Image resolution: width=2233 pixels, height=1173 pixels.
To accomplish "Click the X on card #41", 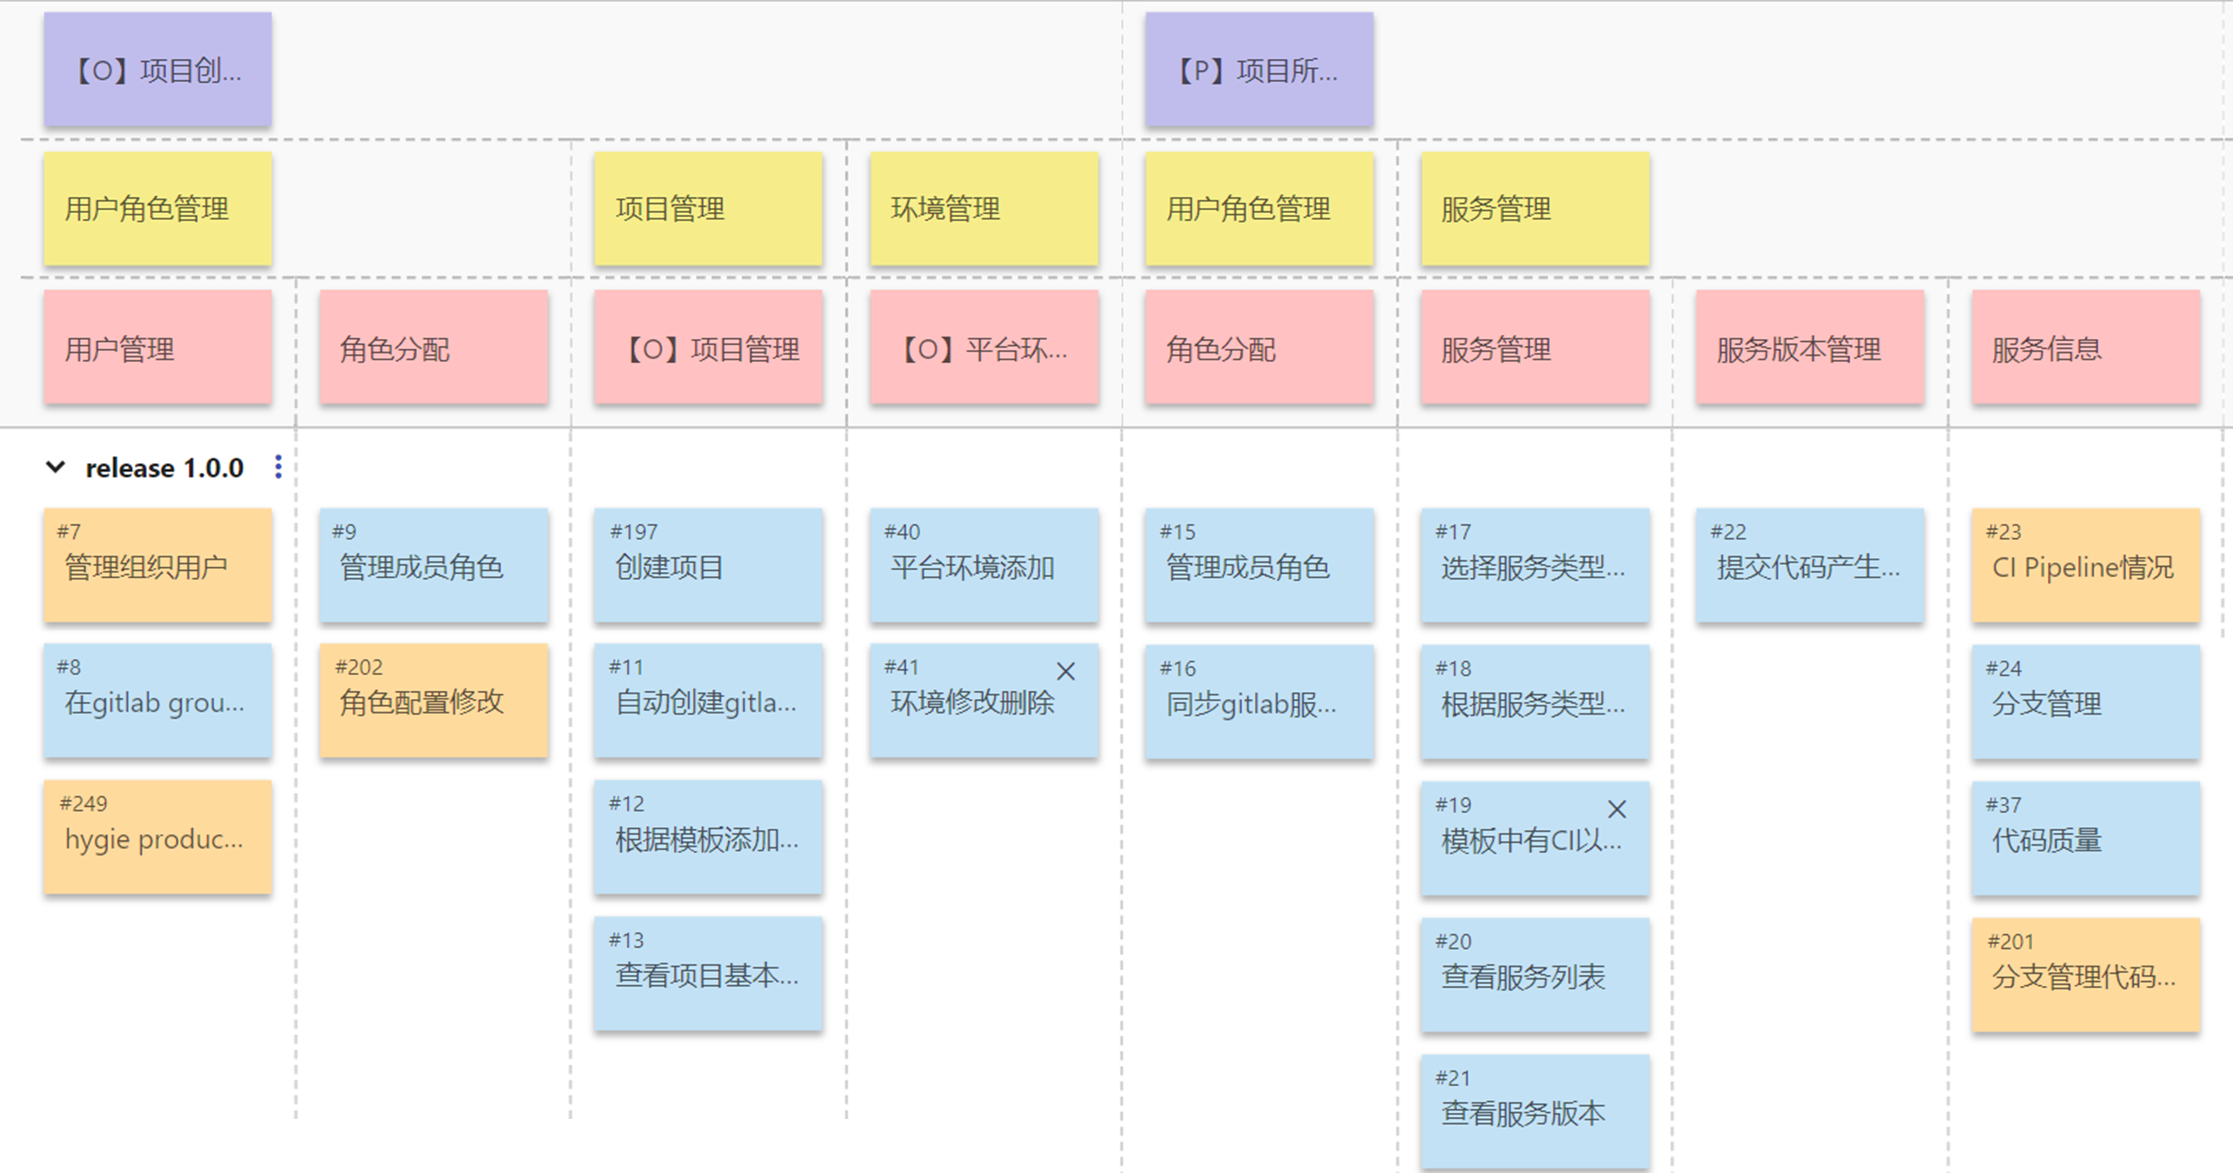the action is (1066, 671).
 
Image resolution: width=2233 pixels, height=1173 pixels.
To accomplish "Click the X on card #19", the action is (1617, 809).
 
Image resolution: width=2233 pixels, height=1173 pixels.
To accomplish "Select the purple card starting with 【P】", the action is (1259, 69).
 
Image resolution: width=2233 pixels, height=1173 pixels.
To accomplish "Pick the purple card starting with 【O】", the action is (158, 69).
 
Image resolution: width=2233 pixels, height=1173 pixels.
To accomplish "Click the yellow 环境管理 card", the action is (984, 208).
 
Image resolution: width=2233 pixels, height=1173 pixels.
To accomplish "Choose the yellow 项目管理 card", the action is (708, 208).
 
